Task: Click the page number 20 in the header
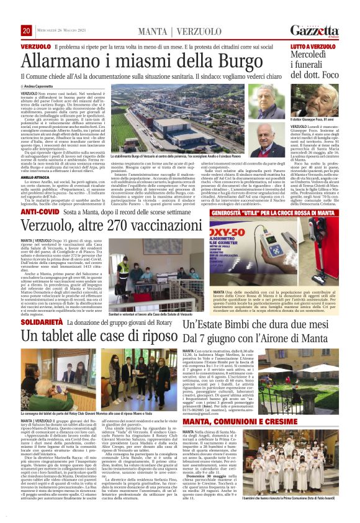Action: tap(26, 31)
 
